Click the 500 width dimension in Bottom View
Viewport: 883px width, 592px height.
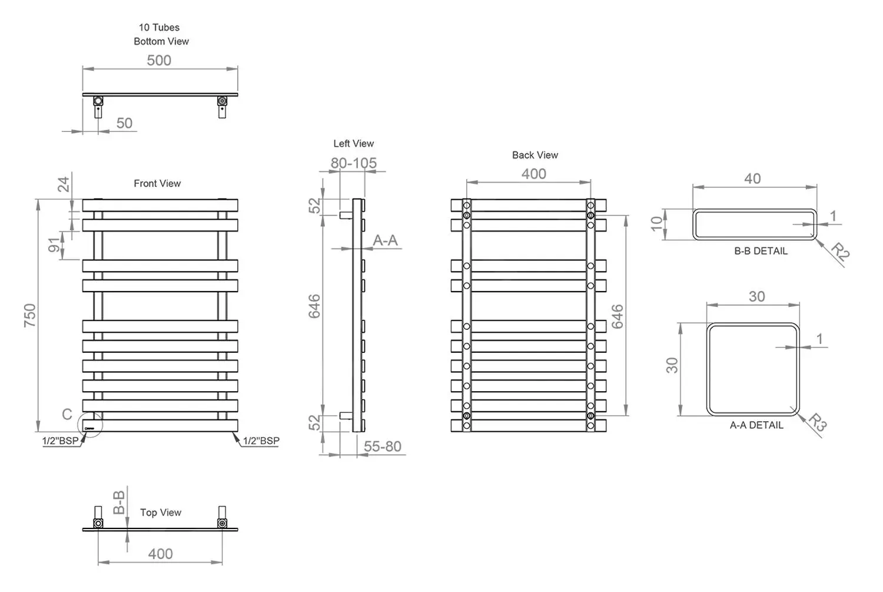[159, 61]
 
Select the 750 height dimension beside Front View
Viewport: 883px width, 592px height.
[30, 315]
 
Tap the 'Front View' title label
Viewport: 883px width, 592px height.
[157, 184]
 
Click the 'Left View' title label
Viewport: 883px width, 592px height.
[353, 144]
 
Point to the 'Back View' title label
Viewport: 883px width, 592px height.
[535, 156]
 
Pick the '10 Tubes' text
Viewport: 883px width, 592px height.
[159, 28]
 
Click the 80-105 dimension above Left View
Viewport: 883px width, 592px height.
[353, 163]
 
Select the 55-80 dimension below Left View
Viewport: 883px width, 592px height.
[382, 447]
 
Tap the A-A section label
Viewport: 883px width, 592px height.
[385, 240]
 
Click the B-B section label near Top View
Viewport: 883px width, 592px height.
[119, 502]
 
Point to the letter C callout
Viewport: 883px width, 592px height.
[67, 415]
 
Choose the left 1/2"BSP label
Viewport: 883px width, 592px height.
[60, 441]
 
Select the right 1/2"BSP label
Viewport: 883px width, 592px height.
[261, 441]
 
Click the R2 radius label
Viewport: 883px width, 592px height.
[840, 252]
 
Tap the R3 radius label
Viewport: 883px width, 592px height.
[818, 422]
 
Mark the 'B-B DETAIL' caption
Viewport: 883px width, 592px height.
[761, 252]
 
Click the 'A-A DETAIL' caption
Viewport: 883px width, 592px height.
[756, 425]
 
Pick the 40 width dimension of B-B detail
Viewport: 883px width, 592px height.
[752, 178]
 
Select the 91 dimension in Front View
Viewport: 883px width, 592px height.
[54, 245]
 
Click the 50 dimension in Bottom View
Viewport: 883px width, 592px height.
[124, 123]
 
